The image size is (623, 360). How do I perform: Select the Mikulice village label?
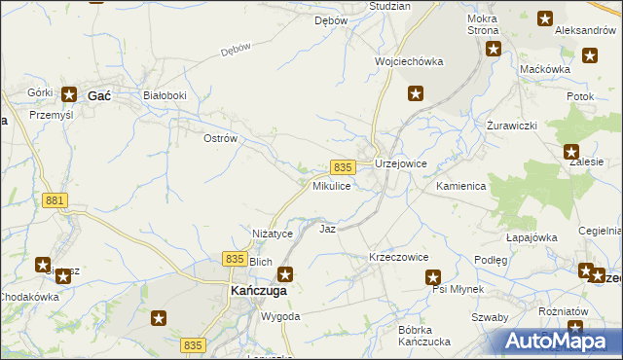click(x=331, y=185)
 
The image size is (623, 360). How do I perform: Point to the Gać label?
click(x=98, y=95)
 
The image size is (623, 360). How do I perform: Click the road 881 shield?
click(x=55, y=200)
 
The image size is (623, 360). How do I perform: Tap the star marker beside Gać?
click(x=70, y=94)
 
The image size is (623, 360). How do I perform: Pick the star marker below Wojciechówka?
click(x=416, y=93)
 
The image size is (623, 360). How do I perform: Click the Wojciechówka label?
click(x=409, y=61)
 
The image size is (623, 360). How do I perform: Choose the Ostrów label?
click(x=220, y=139)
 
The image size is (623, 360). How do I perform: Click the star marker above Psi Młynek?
click(x=434, y=277)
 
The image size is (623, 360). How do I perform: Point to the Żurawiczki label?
click(x=512, y=126)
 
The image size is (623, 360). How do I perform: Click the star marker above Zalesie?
click(x=571, y=152)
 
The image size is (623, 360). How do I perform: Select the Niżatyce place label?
click(x=273, y=234)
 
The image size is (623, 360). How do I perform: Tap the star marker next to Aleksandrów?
click(x=544, y=18)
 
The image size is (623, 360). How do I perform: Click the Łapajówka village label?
click(x=531, y=237)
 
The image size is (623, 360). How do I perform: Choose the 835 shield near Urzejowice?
click(x=341, y=167)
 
